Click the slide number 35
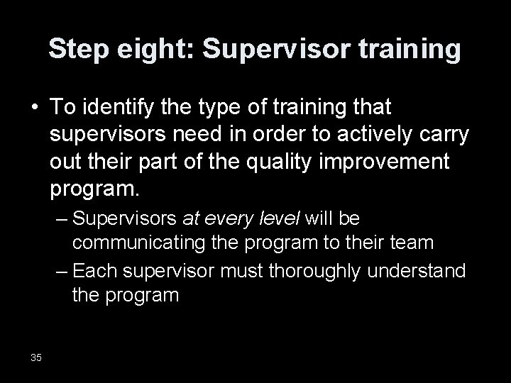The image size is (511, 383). [x=36, y=356]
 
